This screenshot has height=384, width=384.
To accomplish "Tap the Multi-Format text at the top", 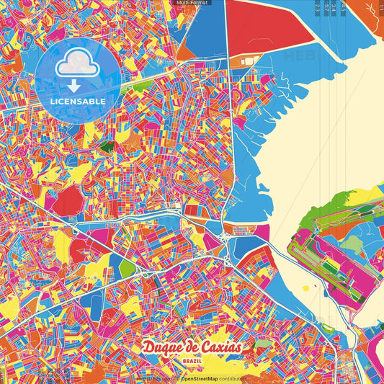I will point(192,4).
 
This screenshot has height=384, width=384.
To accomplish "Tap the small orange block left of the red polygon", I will point(185,50).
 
